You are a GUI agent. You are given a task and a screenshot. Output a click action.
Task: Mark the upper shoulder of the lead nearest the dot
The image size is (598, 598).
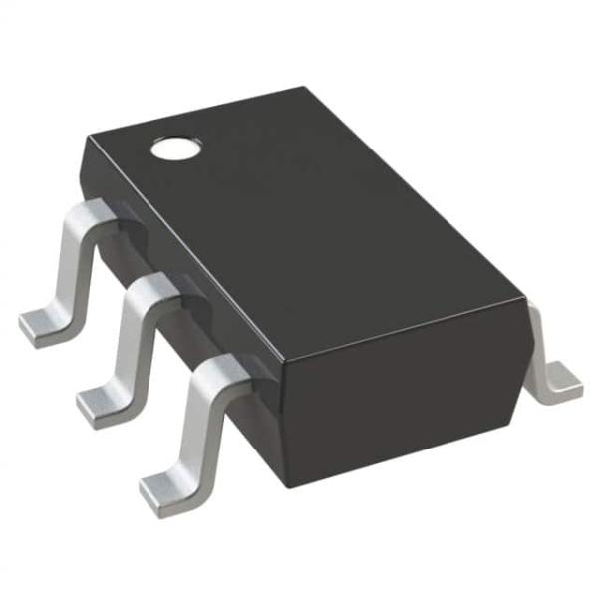[x=93, y=214]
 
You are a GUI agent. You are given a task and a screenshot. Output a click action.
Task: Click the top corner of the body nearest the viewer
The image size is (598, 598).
[x=276, y=367]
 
